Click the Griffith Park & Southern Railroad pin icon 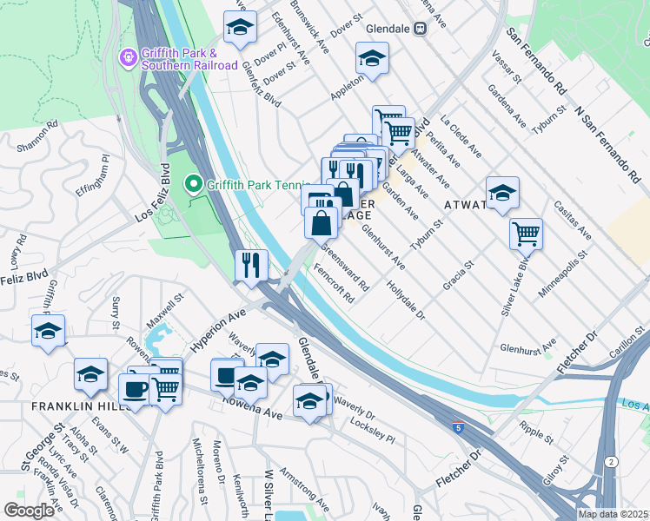(x=128, y=57)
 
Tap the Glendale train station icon (x=421, y=28)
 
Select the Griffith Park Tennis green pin (x=192, y=184)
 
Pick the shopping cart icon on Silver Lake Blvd (x=526, y=233)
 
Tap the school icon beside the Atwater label (x=501, y=194)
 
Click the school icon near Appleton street (x=372, y=58)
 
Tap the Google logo (x=29, y=511)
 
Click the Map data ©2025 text (x=613, y=514)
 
